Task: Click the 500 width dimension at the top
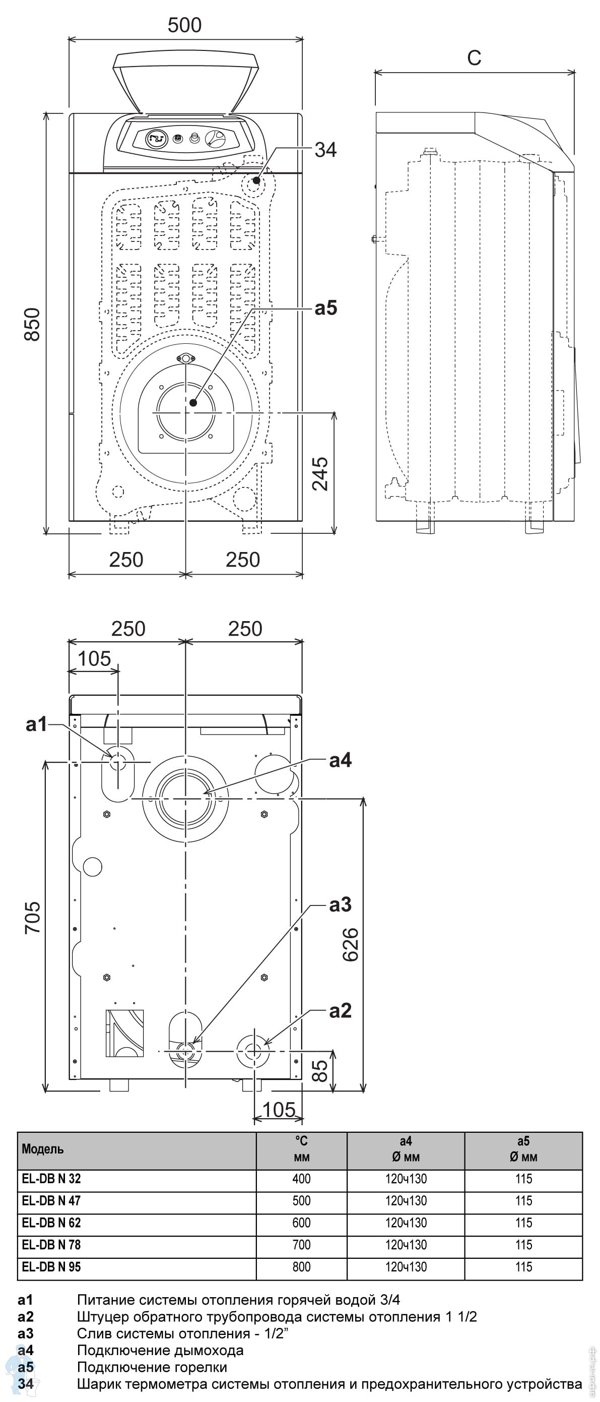[184, 26]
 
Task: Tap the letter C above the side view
[474, 57]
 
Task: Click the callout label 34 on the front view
[325, 150]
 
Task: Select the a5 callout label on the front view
[325, 308]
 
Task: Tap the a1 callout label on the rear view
[36, 724]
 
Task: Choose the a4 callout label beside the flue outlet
[340, 760]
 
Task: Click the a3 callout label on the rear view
[340, 904]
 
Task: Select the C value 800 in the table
[301, 1266]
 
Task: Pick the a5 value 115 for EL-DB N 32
[523, 1178]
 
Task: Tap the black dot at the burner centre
[193, 402]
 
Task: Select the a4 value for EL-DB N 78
[406, 1245]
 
